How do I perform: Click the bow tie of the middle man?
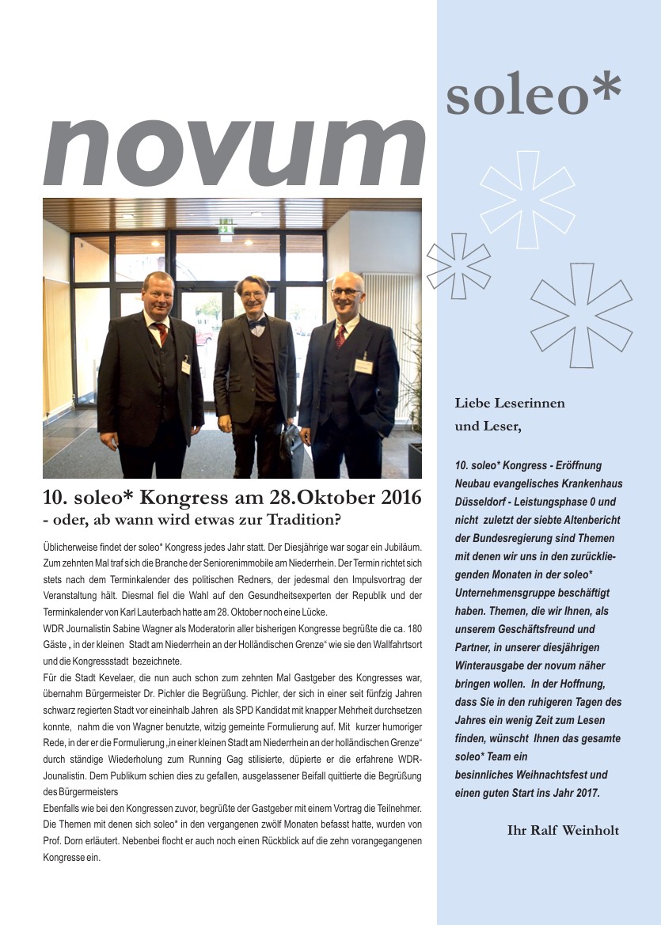pyautogui.click(x=256, y=323)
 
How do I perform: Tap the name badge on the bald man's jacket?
pyautogui.click(x=363, y=366)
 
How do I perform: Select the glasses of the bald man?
pyautogui.click(x=345, y=292)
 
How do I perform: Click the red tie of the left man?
pyautogui.click(x=162, y=332)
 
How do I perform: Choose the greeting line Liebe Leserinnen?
pyautogui.click(x=510, y=404)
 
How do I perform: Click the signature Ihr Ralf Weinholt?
pyautogui.click(x=563, y=830)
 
